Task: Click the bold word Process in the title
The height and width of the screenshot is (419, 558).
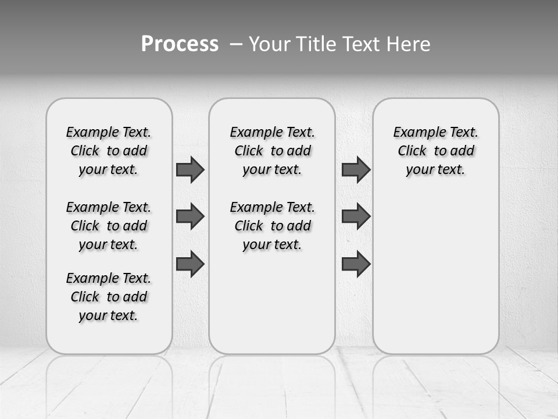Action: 180,44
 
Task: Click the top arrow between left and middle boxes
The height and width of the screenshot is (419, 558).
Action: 190,169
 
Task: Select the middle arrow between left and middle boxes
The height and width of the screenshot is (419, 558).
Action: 190,216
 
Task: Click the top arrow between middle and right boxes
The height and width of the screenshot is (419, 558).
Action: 356,169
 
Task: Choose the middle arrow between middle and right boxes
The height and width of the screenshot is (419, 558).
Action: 356,216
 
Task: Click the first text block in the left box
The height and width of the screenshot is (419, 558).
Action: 109,151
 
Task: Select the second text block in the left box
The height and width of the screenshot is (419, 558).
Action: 109,226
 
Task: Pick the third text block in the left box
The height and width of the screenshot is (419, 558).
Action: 109,297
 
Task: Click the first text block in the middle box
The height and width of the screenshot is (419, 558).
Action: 272,151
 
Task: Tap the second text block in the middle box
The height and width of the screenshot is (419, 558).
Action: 272,226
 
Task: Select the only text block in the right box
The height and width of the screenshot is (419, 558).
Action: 435,151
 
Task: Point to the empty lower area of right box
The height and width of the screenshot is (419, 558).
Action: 435,274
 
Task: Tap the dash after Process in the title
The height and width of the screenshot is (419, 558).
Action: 236,44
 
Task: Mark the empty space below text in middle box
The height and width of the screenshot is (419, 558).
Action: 272,303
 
